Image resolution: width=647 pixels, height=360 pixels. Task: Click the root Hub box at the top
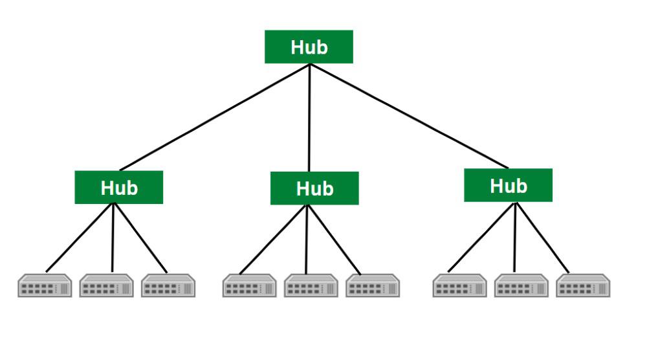tap(309, 47)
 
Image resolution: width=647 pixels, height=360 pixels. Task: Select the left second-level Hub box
tap(119, 187)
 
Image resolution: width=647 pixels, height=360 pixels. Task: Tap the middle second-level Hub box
tap(314, 188)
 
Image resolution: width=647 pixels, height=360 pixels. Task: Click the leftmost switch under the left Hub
tap(45, 286)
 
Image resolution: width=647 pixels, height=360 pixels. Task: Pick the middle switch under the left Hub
tap(106, 286)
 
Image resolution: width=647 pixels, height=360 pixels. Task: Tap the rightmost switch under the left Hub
tap(168, 286)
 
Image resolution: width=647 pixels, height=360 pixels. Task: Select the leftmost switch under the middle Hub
tap(250, 286)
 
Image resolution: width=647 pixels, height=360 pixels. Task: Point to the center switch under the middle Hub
tap(311, 286)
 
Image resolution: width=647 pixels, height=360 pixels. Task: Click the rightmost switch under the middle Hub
tap(373, 286)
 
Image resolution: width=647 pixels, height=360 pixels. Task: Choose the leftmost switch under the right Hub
tap(459, 286)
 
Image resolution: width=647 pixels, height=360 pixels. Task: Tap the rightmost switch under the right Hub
tap(583, 286)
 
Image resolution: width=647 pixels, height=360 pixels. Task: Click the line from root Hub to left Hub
tap(214, 117)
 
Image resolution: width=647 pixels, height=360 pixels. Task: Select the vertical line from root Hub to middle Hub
tap(309, 117)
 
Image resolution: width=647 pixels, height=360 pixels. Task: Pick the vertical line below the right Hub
tap(515, 237)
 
